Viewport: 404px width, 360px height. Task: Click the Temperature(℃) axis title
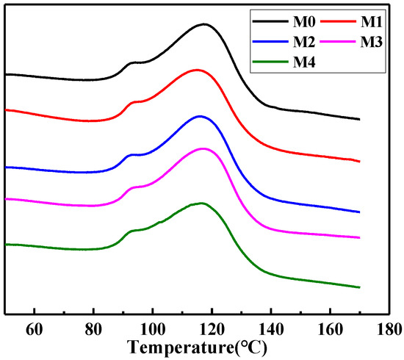point(197,346)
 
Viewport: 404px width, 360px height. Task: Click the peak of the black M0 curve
point(203,24)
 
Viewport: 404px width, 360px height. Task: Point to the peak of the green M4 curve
point(200,203)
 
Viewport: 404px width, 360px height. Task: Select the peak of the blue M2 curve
point(199,116)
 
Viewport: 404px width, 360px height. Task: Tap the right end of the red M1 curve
point(359,160)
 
